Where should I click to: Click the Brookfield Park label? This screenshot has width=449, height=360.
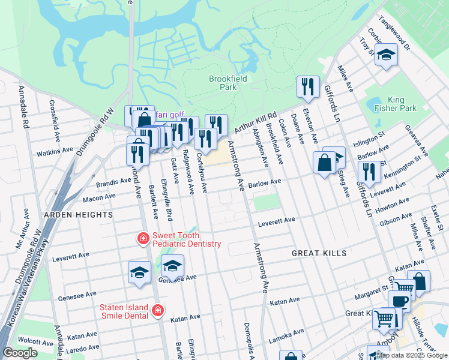pyautogui.click(x=223, y=83)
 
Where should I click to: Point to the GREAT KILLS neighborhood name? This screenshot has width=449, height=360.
pyautogui.click(x=319, y=253)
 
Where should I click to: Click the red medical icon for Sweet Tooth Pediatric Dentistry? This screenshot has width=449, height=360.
pyautogui.click(x=143, y=239)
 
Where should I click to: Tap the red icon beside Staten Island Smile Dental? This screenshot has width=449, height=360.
pyautogui.click(x=157, y=311)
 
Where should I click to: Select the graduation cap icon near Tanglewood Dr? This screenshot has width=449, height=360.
pyautogui.click(x=386, y=55)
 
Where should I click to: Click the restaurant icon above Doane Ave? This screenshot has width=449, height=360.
pyautogui.click(x=308, y=86)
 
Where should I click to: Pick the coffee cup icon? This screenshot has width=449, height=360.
pyautogui.click(x=399, y=301)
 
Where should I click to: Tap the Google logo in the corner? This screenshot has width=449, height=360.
pyautogui.click(x=20, y=353)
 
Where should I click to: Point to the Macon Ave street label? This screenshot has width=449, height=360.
pyautogui.click(x=82, y=197)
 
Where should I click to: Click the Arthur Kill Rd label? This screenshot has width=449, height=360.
pyautogui.click(x=255, y=122)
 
